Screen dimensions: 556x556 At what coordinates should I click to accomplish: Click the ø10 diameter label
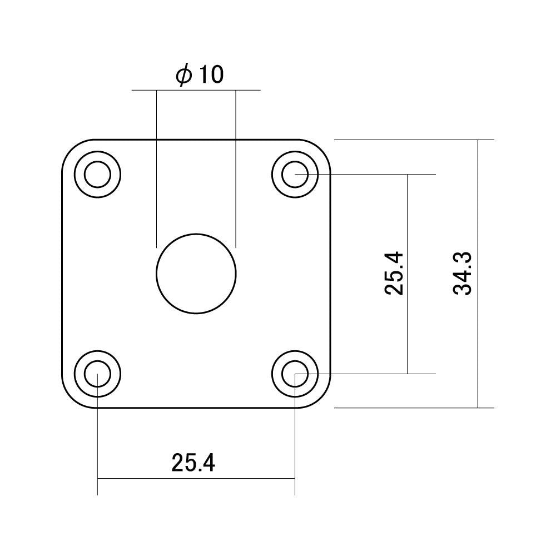pyautogui.click(x=200, y=75)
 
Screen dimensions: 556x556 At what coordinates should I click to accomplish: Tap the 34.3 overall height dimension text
pyautogui.click(x=463, y=274)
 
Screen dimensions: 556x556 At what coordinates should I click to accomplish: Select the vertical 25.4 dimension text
pyautogui.click(x=394, y=274)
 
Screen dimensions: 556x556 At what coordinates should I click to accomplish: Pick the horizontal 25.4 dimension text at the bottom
pyautogui.click(x=193, y=463)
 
